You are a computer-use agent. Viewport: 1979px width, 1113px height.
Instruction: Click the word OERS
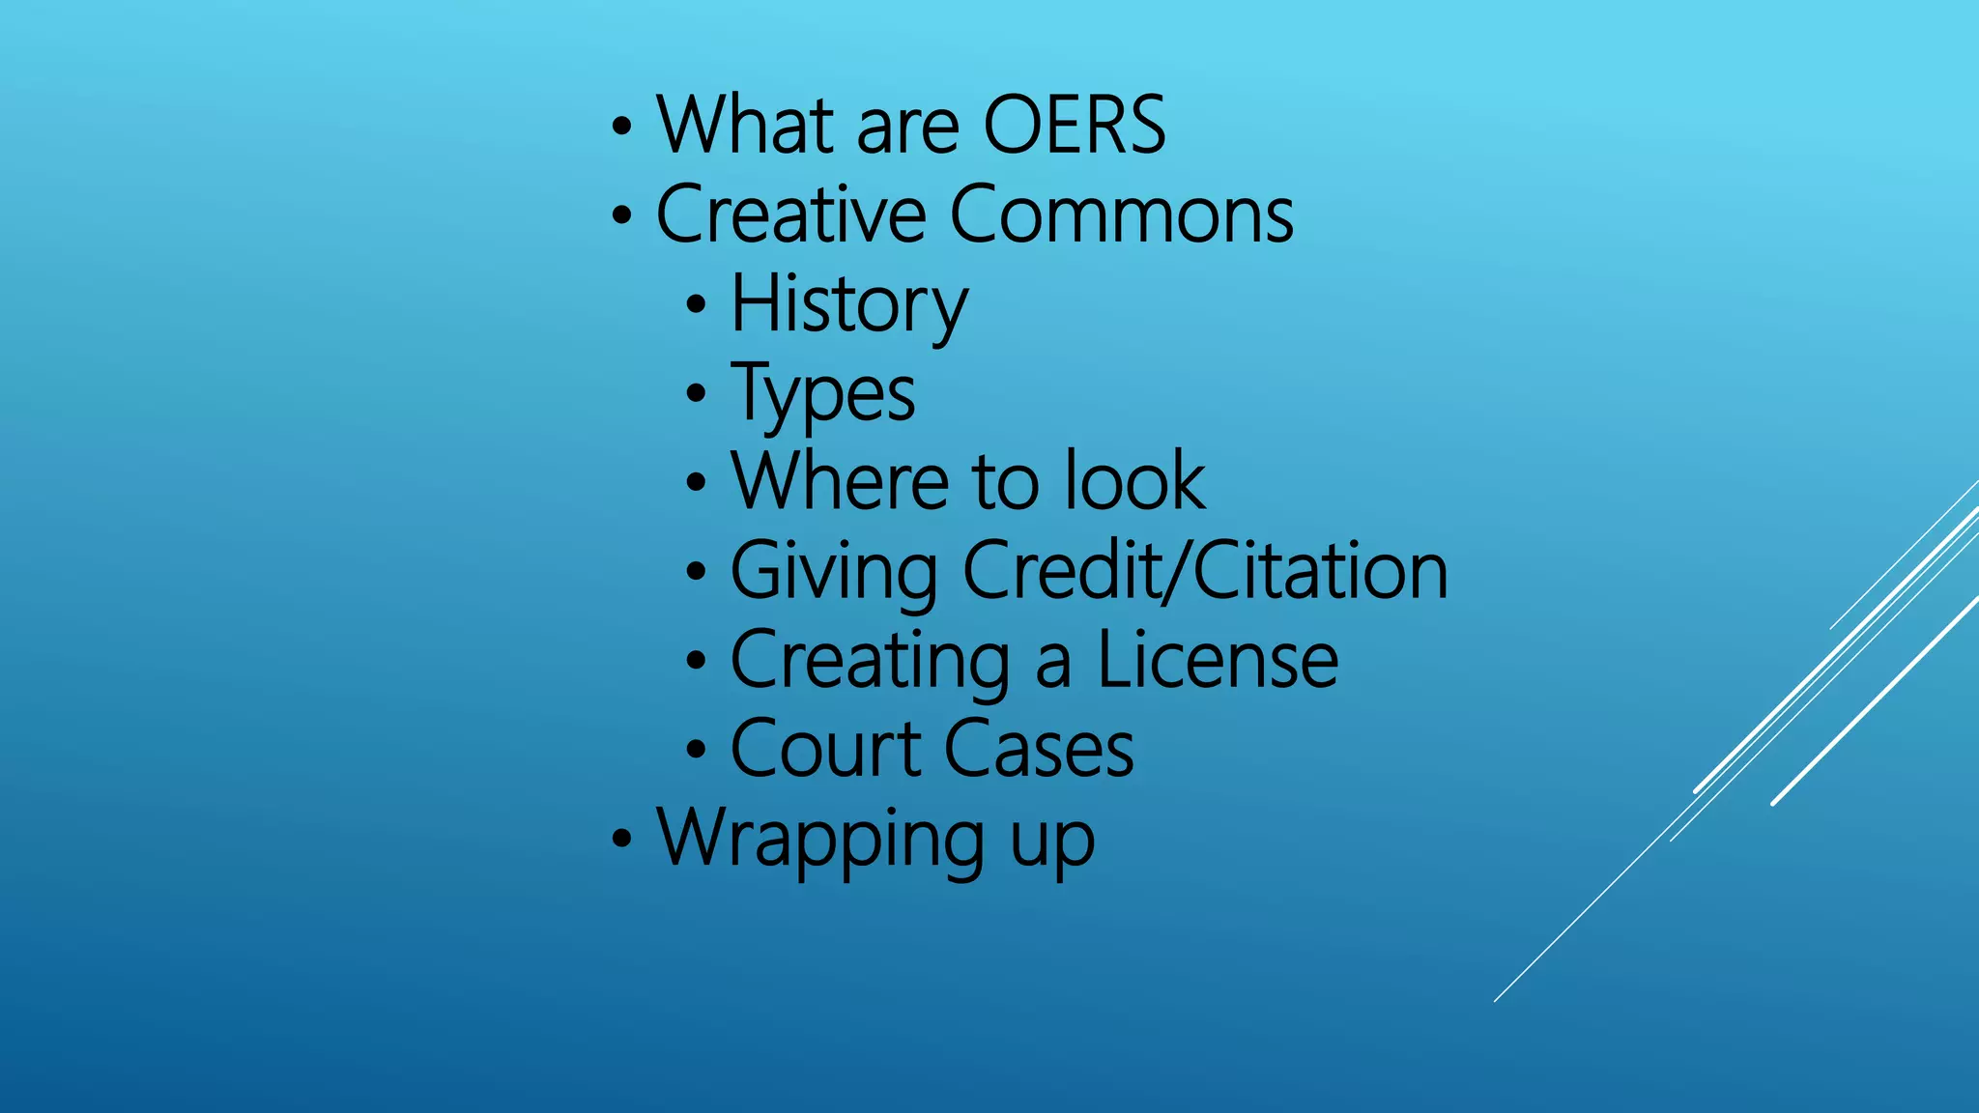tap(1075, 125)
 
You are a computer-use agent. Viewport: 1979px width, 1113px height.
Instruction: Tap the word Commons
tap(1122, 214)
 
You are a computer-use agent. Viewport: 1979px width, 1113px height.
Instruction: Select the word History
tap(848, 304)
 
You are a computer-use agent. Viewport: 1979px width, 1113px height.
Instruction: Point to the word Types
tap(822, 393)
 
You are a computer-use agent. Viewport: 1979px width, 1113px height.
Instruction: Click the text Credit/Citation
tap(1205, 570)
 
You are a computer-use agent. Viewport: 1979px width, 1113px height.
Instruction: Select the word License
tap(1218, 660)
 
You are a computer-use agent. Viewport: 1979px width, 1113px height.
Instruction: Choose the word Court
tap(826, 749)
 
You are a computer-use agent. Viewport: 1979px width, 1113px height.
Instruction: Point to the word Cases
tap(1039, 749)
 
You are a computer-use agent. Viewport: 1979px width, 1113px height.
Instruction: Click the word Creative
tap(791, 214)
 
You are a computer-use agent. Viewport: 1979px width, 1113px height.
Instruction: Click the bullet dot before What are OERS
tap(621, 126)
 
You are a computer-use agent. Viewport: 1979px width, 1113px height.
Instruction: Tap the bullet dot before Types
tap(696, 393)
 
